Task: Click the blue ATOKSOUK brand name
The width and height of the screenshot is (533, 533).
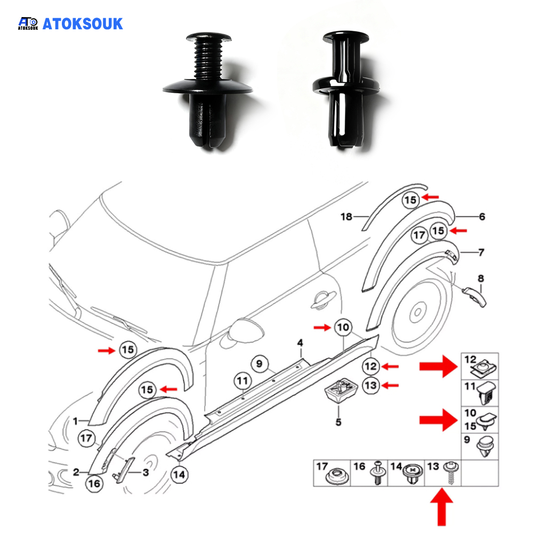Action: click(82, 23)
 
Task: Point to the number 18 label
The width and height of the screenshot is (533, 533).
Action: click(346, 216)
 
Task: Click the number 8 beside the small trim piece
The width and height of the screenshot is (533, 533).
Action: click(481, 278)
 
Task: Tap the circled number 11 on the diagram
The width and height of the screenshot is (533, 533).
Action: click(243, 381)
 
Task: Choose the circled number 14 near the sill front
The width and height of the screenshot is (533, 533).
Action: click(180, 473)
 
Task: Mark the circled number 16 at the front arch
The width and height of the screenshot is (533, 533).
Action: click(93, 483)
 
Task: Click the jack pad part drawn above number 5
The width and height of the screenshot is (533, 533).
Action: click(339, 392)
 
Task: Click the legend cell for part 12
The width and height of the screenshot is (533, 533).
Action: click(479, 366)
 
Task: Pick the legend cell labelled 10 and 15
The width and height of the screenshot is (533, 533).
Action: click(479, 421)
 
